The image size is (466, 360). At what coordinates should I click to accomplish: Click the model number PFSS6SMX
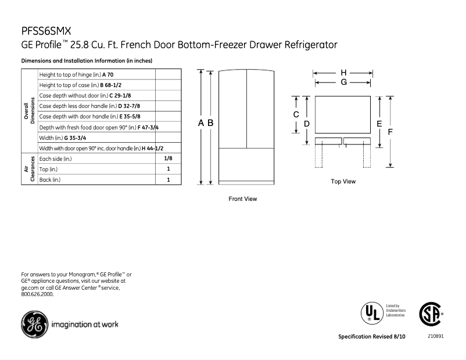[46, 32]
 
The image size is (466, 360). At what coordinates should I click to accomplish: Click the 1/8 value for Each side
[168, 159]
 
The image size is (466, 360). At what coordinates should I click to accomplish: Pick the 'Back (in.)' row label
[50, 180]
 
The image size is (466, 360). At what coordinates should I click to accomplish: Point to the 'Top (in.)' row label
[49, 169]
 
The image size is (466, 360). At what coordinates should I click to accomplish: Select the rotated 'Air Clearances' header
[29, 169]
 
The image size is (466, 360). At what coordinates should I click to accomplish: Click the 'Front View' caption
[242, 199]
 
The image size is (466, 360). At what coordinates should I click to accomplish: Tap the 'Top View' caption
[343, 182]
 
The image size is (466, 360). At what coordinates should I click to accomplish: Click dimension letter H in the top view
[343, 73]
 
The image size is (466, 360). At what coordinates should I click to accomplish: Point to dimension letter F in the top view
[390, 132]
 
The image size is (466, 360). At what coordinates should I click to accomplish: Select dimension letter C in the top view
[296, 115]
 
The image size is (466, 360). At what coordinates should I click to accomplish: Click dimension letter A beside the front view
[200, 123]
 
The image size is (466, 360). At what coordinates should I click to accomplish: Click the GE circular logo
[33, 325]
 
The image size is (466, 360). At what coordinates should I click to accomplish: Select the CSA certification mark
[431, 314]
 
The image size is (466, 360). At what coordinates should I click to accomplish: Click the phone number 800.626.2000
[37, 294]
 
